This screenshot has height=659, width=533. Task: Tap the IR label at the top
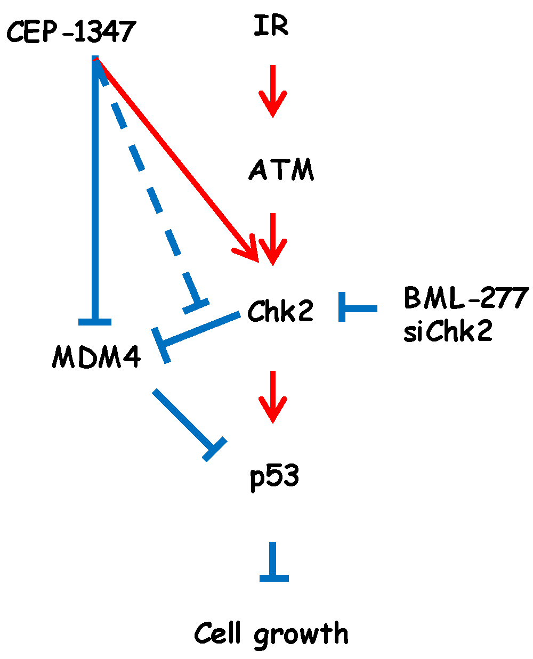pyautogui.click(x=271, y=26)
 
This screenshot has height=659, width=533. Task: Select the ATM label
pyautogui.click(x=281, y=170)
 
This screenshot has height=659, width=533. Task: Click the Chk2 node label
pyautogui.click(x=280, y=311)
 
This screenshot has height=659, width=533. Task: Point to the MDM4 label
pyautogui.click(x=96, y=356)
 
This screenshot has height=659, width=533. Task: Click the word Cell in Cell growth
pyautogui.click(x=219, y=633)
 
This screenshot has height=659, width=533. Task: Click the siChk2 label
pyautogui.click(x=448, y=331)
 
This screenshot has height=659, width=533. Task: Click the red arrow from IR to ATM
pyautogui.click(x=273, y=91)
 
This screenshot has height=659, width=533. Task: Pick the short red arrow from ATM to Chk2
pyautogui.click(x=273, y=238)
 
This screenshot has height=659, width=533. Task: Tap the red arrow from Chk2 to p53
pyautogui.click(x=273, y=396)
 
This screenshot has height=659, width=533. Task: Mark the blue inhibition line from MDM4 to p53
pyautogui.click(x=187, y=421)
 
